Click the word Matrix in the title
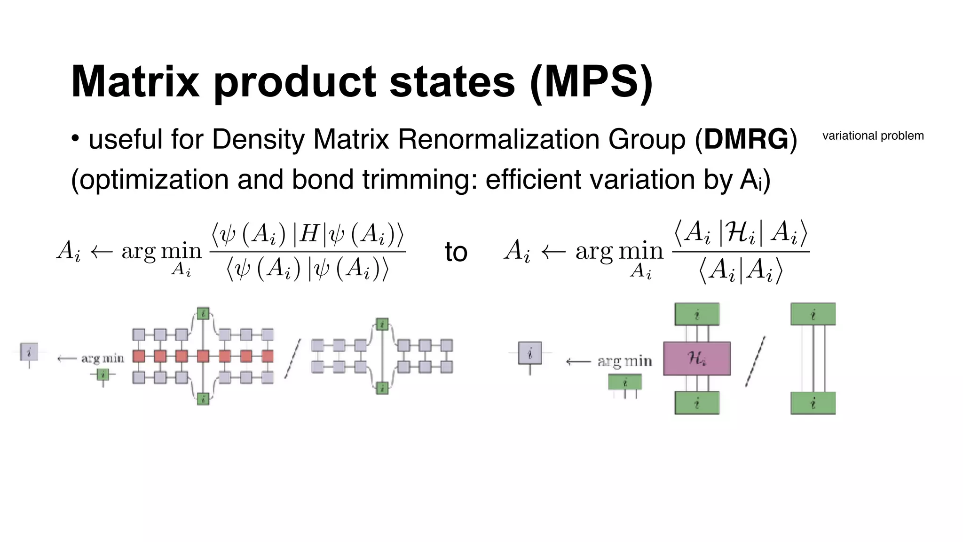135,82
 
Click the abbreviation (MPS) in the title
591,82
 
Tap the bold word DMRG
746,139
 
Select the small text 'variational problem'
873,136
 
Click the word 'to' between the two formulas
456,252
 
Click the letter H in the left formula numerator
309,233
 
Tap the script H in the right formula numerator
740,232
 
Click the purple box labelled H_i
696,359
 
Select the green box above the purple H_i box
696,314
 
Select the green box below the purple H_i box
696,403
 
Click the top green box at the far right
813,314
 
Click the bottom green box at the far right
813,403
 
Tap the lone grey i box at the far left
29,352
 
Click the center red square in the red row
203,356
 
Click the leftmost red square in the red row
139,356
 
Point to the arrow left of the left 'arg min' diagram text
66,359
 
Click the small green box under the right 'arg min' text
624,382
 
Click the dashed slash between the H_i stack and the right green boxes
755,361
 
